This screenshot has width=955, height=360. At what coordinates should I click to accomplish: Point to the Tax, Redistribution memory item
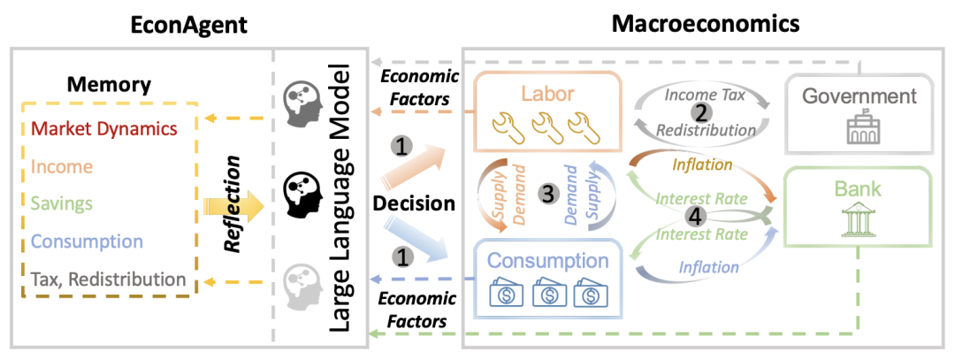[107, 279]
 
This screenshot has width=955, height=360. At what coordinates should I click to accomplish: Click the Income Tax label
[702, 92]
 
